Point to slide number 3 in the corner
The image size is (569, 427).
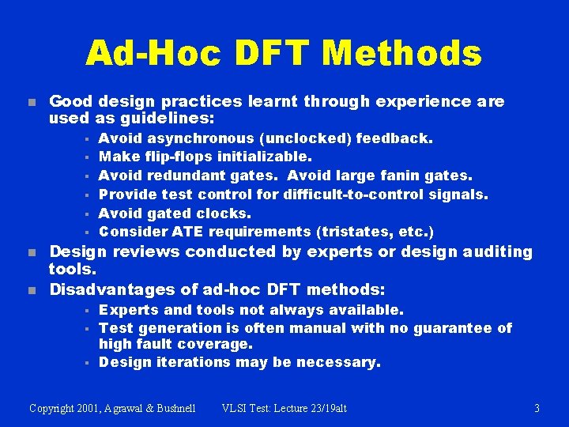537,408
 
